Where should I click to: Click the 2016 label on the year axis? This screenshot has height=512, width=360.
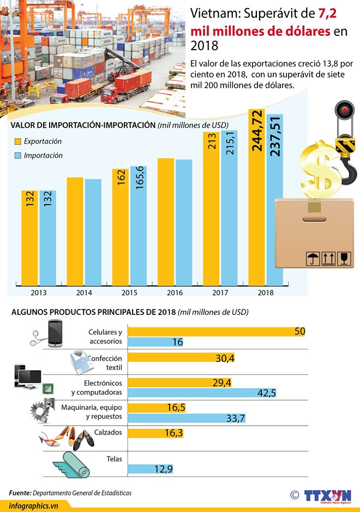(175, 293)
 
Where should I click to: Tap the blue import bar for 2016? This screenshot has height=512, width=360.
(184, 222)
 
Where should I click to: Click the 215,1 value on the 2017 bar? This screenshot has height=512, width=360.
(230, 144)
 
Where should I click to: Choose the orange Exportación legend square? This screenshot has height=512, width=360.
(18, 141)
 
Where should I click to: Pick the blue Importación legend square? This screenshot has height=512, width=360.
(18, 156)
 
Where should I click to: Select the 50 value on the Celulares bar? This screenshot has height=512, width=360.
(299, 331)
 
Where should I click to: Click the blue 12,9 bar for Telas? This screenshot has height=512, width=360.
(153, 469)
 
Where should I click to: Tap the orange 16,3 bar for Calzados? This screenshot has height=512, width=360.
(155, 433)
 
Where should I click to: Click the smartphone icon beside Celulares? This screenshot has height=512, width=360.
(55, 333)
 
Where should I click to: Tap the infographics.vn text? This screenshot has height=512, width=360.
(34, 506)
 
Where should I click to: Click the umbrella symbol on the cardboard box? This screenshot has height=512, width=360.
(313, 259)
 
